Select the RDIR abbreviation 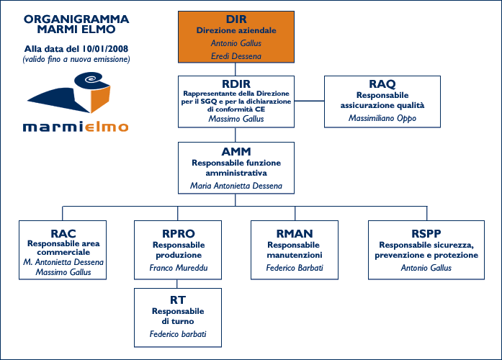pyautogui.click(x=236, y=84)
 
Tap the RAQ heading pyautogui.click(x=382, y=84)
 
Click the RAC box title pyautogui.click(x=63, y=233)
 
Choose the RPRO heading pyautogui.click(x=179, y=233)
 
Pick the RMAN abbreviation pyautogui.click(x=294, y=233)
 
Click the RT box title pyautogui.click(x=179, y=300)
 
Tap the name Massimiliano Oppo pyautogui.click(x=382, y=117)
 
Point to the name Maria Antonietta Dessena pyautogui.click(x=236, y=186)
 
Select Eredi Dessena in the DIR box pyautogui.click(x=236, y=55)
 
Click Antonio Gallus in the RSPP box pyautogui.click(x=426, y=268)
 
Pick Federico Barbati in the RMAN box pyautogui.click(x=294, y=268)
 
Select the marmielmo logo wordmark pyautogui.click(x=76, y=127)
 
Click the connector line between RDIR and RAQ pyautogui.click(x=310, y=100)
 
